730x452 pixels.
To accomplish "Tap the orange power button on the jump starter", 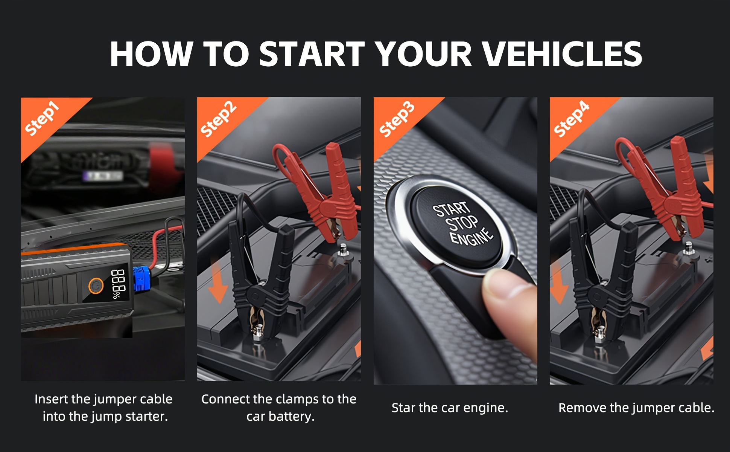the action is [96, 286].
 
